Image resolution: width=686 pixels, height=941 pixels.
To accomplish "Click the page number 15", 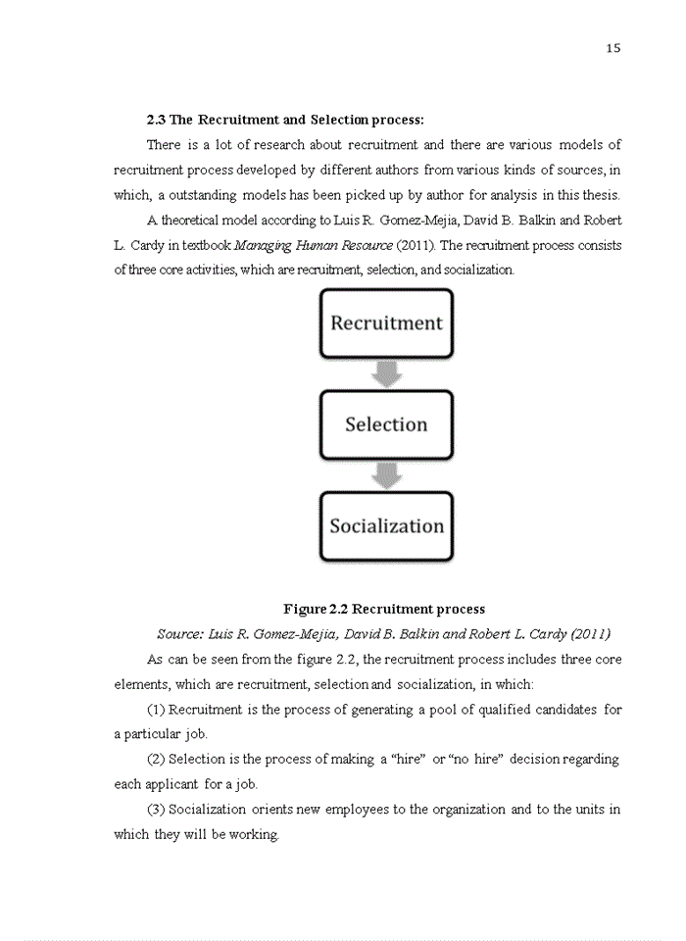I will point(613,48).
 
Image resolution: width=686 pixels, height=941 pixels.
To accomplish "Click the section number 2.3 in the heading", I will point(156,120).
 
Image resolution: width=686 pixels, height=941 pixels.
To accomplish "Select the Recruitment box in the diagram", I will point(386,322).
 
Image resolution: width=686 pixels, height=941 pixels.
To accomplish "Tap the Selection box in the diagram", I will point(386,424).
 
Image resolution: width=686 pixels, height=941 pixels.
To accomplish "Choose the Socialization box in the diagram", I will point(386,525).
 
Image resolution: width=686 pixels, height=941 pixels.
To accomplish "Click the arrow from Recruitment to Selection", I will point(386,373).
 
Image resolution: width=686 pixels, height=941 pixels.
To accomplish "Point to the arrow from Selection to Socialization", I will point(386,475).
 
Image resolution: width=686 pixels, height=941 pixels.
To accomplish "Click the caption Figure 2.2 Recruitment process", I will point(384,609).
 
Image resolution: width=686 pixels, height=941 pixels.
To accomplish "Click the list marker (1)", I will point(155,709).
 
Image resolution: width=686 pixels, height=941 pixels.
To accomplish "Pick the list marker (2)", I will point(155,759).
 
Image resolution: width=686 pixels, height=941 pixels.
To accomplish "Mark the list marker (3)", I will point(155,809).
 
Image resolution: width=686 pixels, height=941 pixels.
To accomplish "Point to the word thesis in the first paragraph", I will point(601,194).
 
